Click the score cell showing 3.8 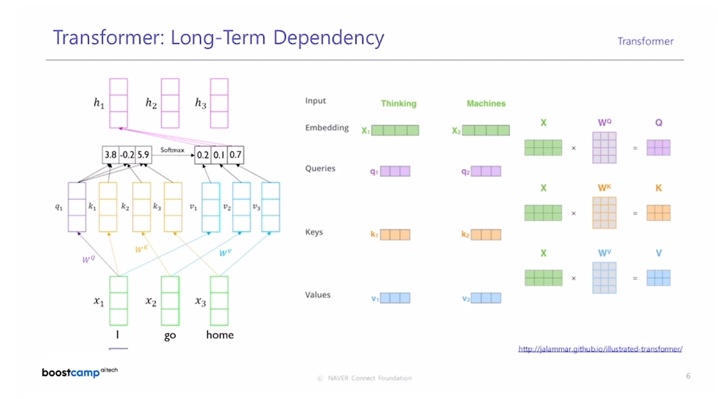tap(111, 155)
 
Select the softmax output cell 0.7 tap(236, 155)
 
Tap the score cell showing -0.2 tap(127, 155)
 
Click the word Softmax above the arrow tap(172, 150)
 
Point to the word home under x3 tap(219, 335)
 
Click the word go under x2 tap(170, 335)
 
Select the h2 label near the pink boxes tap(151, 103)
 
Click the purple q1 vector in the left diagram tap(77, 207)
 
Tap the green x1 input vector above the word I tap(118, 300)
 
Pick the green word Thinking tap(398, 104)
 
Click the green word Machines tap(486, 104)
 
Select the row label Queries tap(320, 169)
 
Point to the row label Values tap(317, 295)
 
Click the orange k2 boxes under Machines tap(486, 234)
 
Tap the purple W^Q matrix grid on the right tap(604, 147)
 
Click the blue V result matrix tap(658, 278)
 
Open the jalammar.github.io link tap(600, 349)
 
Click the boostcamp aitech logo tap(80, 372)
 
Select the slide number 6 tap(688, 376)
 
